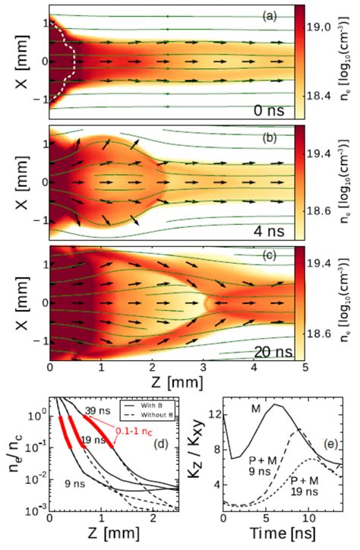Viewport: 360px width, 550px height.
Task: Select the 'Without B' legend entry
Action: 164,422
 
